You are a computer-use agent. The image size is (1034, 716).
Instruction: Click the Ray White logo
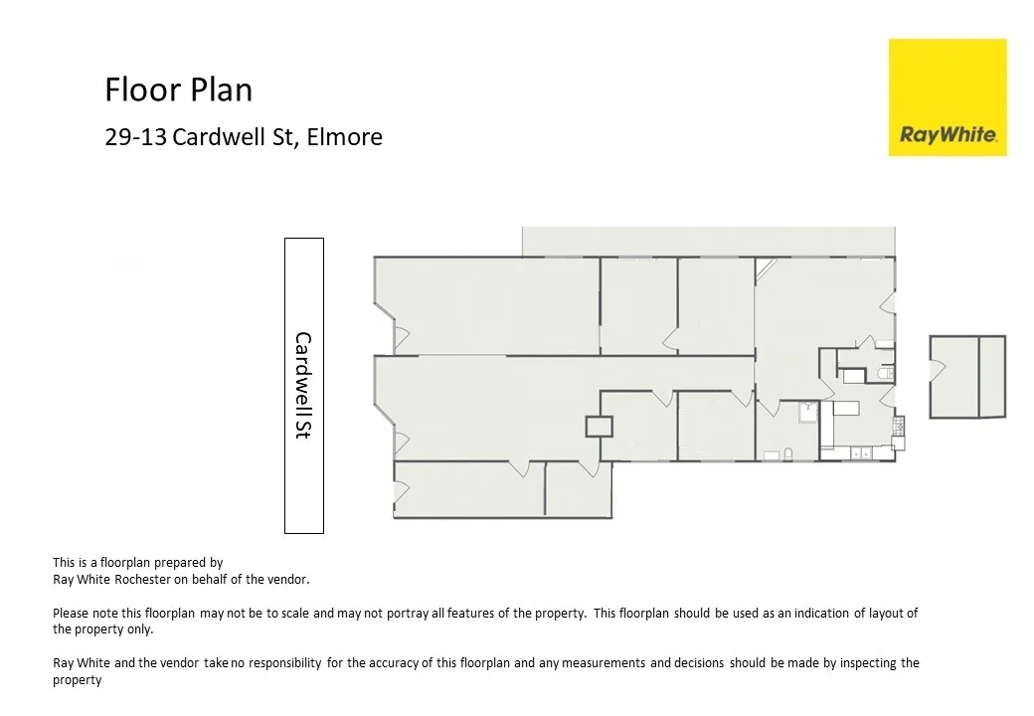948,97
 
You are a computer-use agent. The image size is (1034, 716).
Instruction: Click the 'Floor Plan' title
178,90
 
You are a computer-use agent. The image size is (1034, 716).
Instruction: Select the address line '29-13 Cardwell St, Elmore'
244,137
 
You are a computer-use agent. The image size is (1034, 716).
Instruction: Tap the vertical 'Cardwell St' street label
303,386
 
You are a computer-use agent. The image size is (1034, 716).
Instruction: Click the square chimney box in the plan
600,427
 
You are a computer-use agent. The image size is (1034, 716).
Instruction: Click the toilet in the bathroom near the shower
788,453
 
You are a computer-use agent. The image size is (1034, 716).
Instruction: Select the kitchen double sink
861,454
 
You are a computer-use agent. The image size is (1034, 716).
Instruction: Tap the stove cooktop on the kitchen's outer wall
898,427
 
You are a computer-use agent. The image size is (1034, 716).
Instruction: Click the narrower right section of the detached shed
991,376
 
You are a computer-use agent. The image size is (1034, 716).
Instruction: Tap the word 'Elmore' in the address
344,137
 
